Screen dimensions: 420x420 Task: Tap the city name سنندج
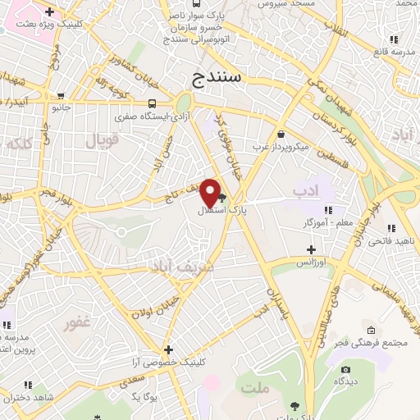219,79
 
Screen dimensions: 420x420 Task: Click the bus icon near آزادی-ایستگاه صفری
153,104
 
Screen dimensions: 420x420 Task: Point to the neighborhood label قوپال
102,140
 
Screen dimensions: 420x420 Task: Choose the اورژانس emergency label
311,262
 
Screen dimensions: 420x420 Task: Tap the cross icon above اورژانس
311,249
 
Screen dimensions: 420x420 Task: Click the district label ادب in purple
305,191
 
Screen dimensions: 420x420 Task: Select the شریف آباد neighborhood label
180,267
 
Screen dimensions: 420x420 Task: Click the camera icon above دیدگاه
345,370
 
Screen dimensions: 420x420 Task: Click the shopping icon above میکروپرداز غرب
281,135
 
